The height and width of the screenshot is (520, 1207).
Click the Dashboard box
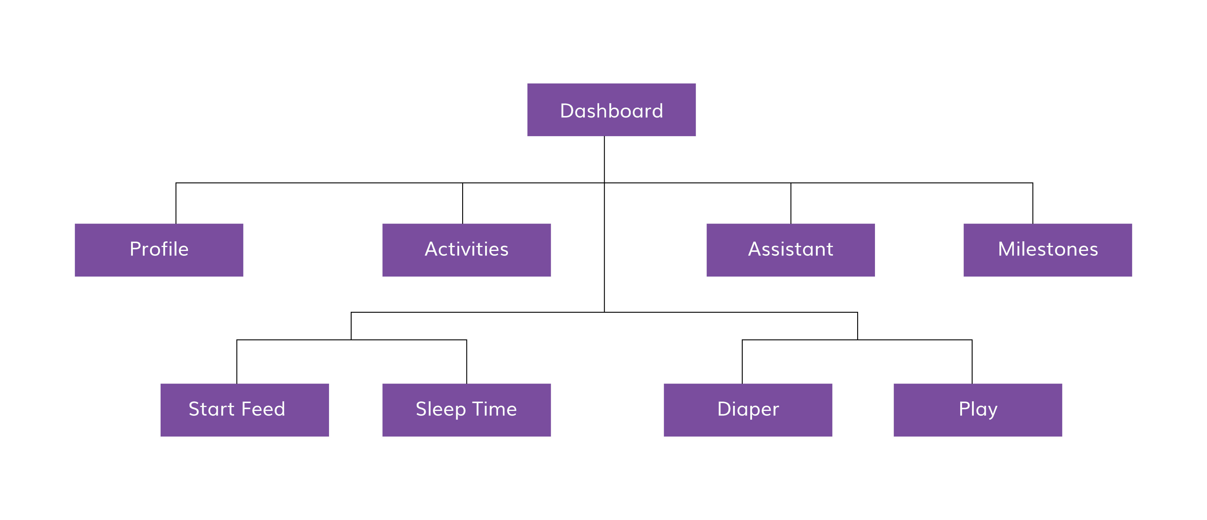611,110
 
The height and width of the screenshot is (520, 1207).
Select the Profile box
159,250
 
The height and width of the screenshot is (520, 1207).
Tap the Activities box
466,250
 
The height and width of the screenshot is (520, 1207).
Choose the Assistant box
790,250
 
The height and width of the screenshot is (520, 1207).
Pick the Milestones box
1047,250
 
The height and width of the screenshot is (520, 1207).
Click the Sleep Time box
466,410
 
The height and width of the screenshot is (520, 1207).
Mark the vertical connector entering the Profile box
176,204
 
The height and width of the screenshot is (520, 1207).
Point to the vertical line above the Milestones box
1032,204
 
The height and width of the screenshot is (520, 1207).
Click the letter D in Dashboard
567,111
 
